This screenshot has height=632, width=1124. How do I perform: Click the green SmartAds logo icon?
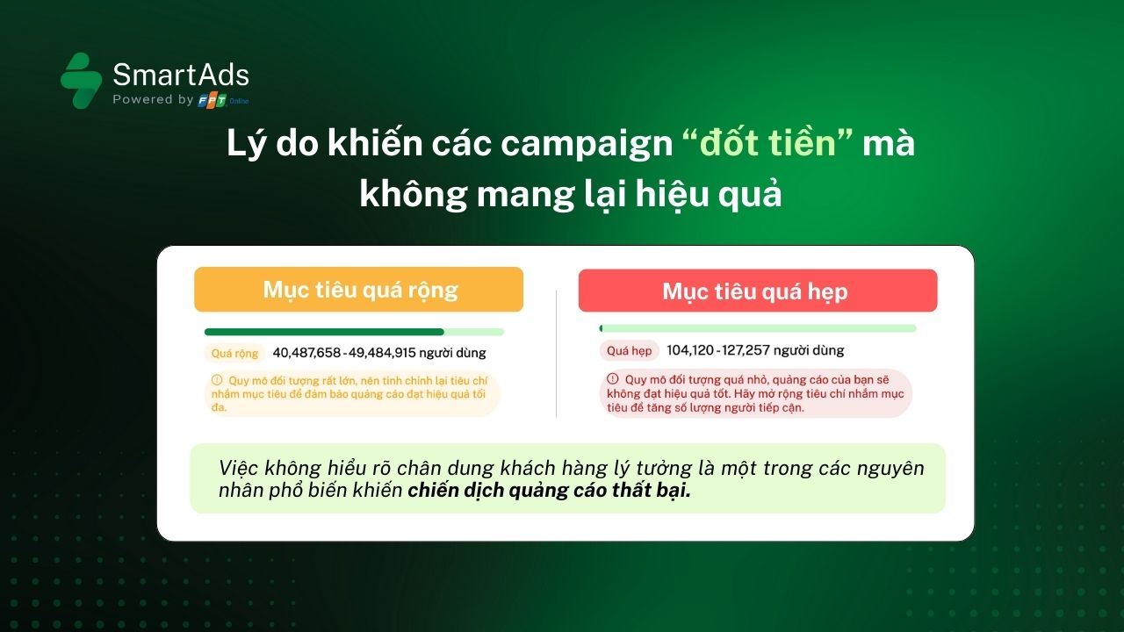(x=81, y=80)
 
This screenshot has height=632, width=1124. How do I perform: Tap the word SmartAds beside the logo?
(x=181, y=75)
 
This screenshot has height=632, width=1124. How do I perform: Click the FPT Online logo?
(x=223, y=100)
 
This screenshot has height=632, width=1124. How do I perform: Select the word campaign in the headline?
(x=587, y=145)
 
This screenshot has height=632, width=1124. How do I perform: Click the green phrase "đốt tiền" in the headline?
(x=767, y=142)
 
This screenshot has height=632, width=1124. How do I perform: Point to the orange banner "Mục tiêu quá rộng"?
(x=359, y=290)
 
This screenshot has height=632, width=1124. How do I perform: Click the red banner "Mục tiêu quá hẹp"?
(x=758, y=291)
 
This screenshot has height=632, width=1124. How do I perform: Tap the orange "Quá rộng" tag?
(x=234, y=353)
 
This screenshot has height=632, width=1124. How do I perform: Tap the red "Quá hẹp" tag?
(x=630, y=350)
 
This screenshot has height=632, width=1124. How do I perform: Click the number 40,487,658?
(x=306, y=353)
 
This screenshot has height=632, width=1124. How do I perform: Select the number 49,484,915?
(x=382, y=353)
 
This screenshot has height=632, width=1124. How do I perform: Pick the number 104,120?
(x=690, y=350)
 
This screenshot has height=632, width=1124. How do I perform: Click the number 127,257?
(x=746, y=350)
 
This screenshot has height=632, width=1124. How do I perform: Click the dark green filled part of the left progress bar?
(x=324, y=332)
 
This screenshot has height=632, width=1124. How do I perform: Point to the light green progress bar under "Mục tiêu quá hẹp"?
(x=758, y=328)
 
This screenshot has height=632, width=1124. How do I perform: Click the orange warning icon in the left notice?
(x=217, y=380)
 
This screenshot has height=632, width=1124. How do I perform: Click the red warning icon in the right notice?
(x=613, y=378)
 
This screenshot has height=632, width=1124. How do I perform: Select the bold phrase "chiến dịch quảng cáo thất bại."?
(x=549, y=491)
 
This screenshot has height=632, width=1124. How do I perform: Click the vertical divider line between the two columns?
(x=556, y=354)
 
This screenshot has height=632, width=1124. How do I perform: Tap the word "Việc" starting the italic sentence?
(x=239, y=469)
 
